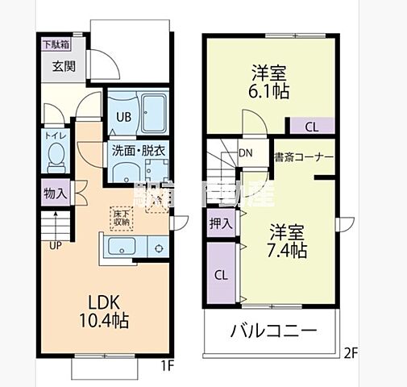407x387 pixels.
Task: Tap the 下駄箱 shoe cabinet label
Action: pyautogui.click(x=56, y=44)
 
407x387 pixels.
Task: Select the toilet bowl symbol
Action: pyautogui.click(x=56, y=156)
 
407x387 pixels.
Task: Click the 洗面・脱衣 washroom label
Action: pyautogui.click(x=139, y=150)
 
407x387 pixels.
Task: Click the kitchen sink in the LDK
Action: pyautogui.click(x=122, y=247)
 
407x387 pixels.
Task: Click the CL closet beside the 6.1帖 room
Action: pyautogui.click(x=311, y=126)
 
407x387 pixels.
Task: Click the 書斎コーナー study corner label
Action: pyautogui.click(x=303, y=156)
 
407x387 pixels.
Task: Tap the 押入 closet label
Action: pyautogui.click(x=220, y=223)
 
